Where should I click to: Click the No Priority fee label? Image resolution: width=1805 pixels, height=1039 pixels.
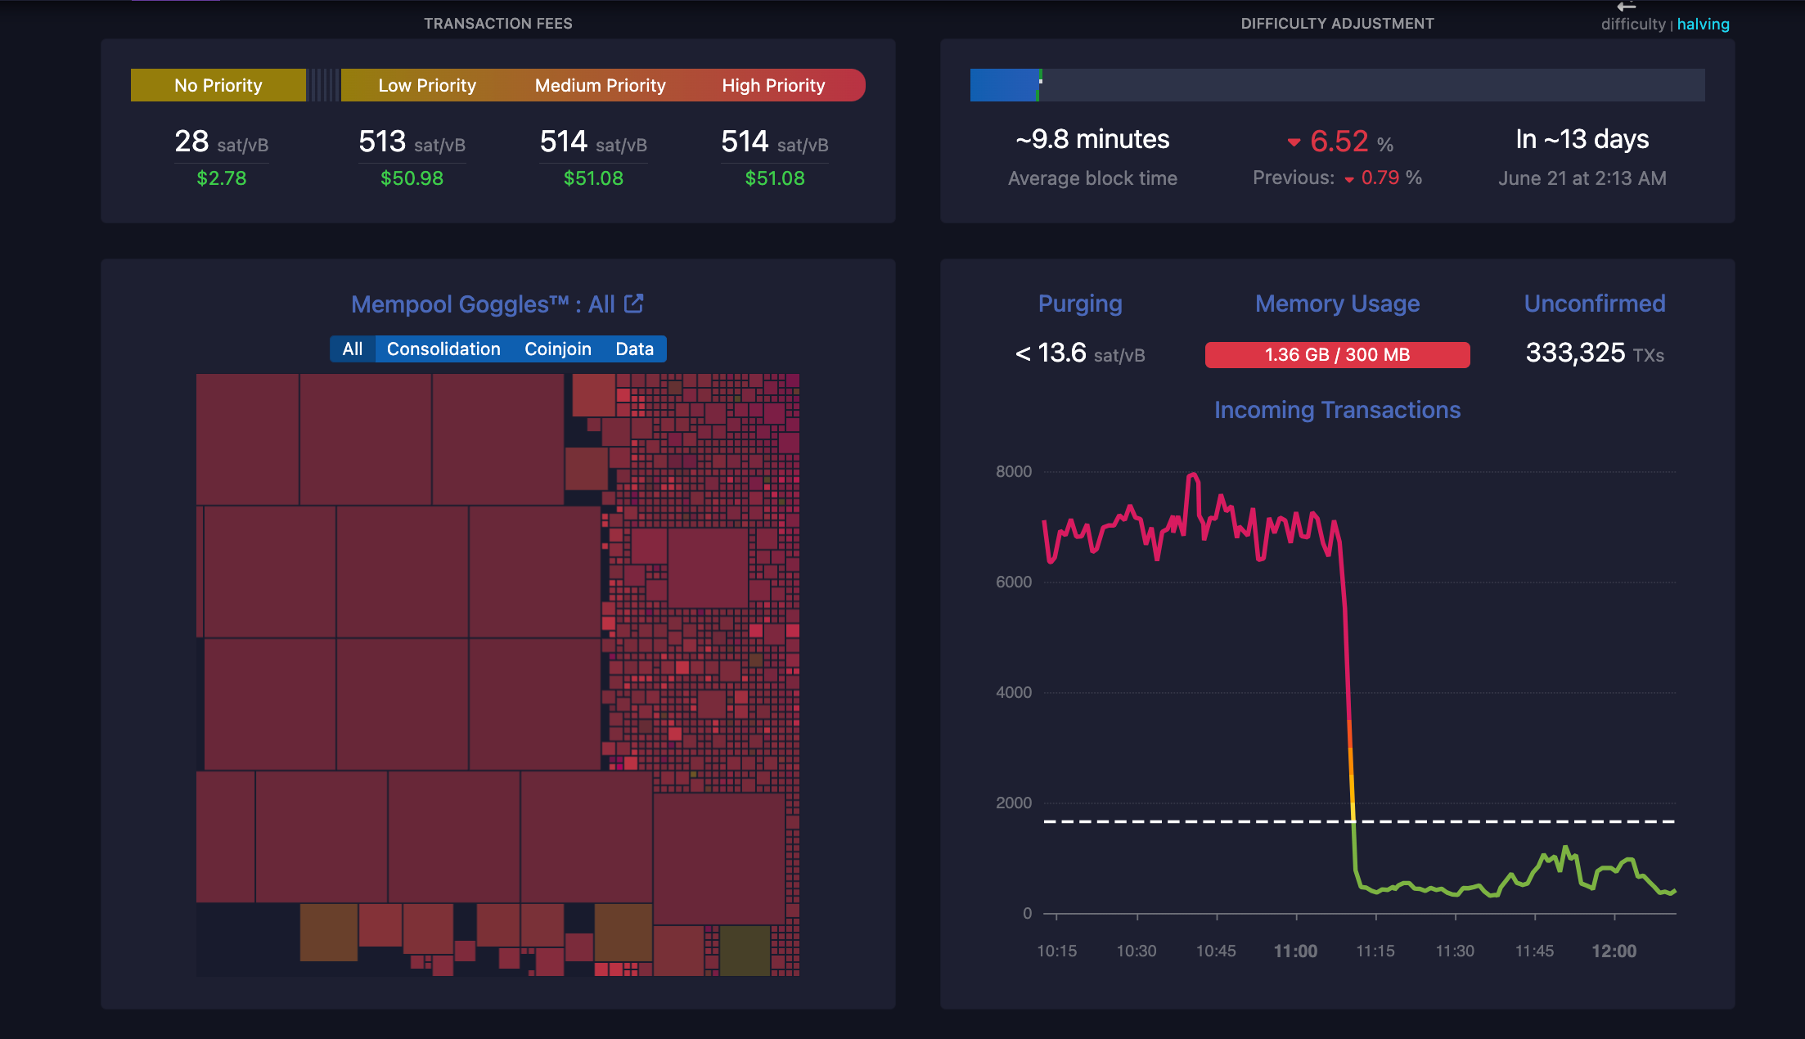pyautogui.click(x=218, y=86)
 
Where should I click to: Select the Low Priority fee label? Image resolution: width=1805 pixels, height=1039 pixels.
pyautogui.click(x=426, y=86)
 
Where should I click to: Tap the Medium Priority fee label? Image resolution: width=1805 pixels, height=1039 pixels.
pyautogui.click(x=600, y=86)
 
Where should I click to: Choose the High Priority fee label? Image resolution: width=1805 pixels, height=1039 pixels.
pyautogui.click(x=773, y=86)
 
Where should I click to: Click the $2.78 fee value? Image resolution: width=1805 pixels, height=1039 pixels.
pyautogui.click(x=221, y=178)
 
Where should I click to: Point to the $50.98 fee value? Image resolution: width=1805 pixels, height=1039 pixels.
pyautogui.click(x=412, y=178)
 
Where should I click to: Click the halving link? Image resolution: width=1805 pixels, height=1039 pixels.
pyautogui.click(x=1703, y=25)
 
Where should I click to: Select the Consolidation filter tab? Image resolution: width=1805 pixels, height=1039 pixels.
pyautogui.click(x=443, y=349)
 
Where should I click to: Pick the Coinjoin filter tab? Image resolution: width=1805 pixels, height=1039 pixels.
pyautogui.click(x=557, y=349)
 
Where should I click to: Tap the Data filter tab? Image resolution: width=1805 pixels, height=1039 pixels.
pyautogui.click(x=634, y=349)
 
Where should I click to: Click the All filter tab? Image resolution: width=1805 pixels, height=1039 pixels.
pyautogui.click(x=353, y=349)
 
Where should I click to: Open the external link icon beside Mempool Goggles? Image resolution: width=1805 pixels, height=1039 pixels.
pyautogui.click(x=634, y=304)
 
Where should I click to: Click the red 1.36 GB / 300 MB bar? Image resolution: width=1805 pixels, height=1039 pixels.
pyautogui.click(x=1337, y=355)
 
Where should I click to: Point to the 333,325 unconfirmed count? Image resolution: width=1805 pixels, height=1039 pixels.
pyautogui.click(x=1575, y=353)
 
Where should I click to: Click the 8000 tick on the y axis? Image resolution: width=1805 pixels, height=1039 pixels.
pyautogui.click(x=1014, y=472)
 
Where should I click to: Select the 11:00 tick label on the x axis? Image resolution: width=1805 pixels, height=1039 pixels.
pyautogui.click(x=1295, y=951)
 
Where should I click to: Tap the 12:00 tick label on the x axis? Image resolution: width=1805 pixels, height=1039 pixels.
pyautogui.click(x=1614, y=951)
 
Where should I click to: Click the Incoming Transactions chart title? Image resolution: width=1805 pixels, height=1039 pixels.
pyautogui.click(x=1337, y=410)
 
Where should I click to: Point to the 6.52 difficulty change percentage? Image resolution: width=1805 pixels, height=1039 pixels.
pyautogui.click(x=1339, y=142)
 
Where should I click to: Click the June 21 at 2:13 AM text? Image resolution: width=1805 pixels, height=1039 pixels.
pyautogui.click(x=1582, y=178)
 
